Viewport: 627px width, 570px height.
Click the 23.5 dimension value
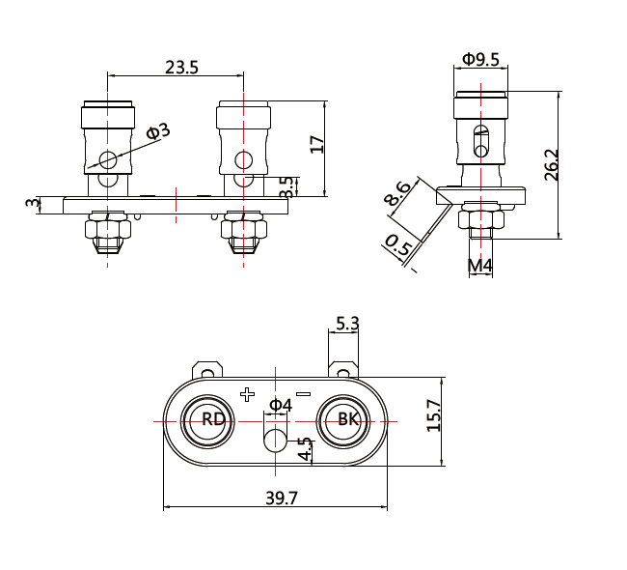181,68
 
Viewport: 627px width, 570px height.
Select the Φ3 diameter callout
158,130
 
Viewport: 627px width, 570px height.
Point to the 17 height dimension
316,145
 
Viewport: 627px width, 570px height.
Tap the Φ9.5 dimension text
480,59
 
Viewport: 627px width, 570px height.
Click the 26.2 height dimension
551,165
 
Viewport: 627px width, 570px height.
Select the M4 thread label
480,265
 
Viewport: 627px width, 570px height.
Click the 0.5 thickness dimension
398,247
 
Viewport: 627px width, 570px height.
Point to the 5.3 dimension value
347,324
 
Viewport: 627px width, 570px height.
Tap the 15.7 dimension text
433,415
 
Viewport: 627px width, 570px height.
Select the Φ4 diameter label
280,404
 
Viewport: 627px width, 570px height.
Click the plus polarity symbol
247,394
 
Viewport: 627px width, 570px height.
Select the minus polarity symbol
303,394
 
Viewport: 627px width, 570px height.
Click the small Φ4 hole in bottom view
275,442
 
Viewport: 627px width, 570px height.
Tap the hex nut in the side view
479,221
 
